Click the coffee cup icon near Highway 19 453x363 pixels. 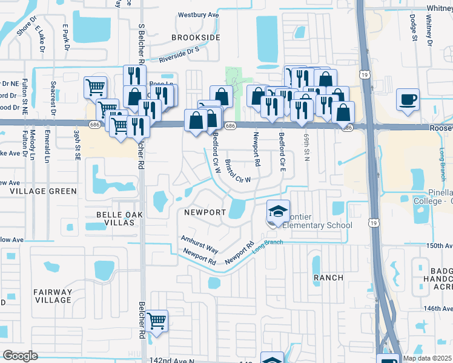click(408, 98)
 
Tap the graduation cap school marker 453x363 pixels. click(278, 211)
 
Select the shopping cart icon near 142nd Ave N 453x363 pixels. click(157, 320)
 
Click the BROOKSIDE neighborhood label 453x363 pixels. click(196, 38)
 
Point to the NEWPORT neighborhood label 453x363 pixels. click(205, 212)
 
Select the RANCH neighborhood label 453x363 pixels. click(328, 278)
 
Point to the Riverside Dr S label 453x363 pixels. click(179, 56)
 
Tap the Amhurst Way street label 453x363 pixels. click(199, 244)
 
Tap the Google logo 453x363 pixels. click(20, 355)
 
